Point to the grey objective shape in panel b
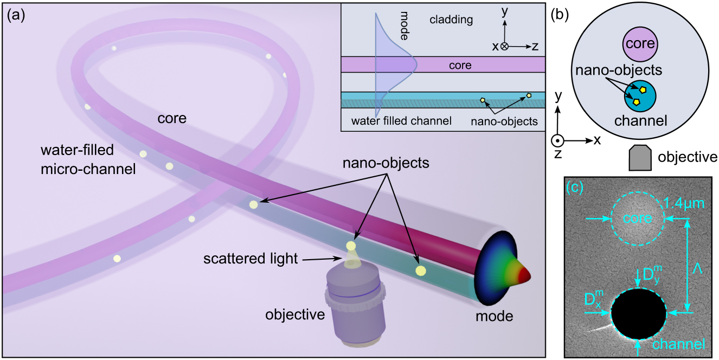[x=640, y=158]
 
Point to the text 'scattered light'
[x=251, y=259]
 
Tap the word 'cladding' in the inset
[x=451, y=20]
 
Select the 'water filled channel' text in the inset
[x=401, y=121]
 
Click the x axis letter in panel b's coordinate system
[x=597, y=140]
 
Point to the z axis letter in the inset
[x=535, y=47]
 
